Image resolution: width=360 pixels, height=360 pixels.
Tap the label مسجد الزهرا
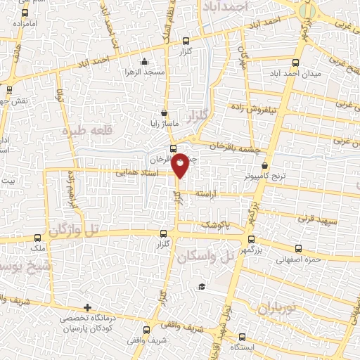coord(143,72)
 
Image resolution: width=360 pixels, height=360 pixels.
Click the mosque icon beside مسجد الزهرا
coord(144,61)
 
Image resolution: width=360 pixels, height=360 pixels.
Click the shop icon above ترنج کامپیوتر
coord(264,165)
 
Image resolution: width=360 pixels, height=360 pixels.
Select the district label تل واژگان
coord(73,230)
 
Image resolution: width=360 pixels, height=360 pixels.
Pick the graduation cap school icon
coord(202,287)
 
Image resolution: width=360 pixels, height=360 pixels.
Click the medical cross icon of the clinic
coord(87,307)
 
